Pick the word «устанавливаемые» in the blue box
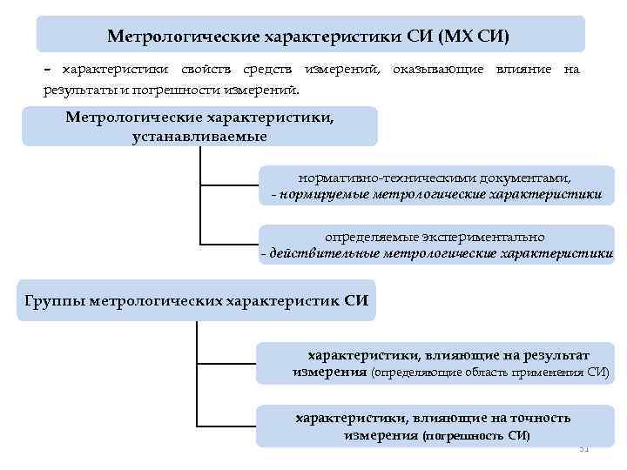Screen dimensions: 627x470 tap(199, 137)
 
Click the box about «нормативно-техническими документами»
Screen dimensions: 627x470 tap(435, 185)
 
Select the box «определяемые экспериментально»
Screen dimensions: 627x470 tap(435, 245)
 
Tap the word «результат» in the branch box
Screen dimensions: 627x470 tap(552, 355)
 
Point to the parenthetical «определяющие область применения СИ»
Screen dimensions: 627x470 tap(490, 373)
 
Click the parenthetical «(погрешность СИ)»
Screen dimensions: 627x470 tap(475, 435)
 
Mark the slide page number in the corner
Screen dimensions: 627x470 tap(584, 449)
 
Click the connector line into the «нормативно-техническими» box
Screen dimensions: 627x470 tap(229, 185)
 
